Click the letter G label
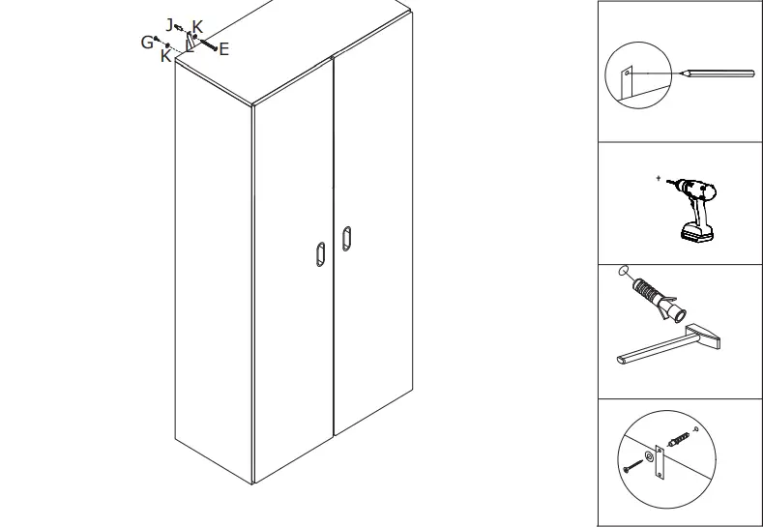coord(147,42)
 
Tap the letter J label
coord(170,24)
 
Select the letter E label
coord(223,49)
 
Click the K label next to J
coord(197,26)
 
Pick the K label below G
coord(166,57)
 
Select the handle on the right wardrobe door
coord(347,238)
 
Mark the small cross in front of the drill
coord(659,179)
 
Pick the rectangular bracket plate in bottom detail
coord(662,460)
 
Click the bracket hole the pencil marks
coord(628,73)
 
